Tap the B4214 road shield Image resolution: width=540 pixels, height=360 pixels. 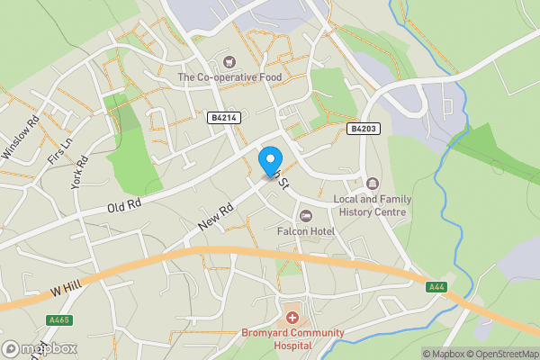(225, 118)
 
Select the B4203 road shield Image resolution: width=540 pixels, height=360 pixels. (363, 129)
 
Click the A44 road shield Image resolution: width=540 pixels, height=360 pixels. (436, 286)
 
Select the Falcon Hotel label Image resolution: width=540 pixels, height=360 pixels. (306, 231)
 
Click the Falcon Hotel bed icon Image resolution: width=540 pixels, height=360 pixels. (306, 216)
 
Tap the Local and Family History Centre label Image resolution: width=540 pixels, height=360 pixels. (371, 205)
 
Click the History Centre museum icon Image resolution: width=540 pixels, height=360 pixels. (373, 184)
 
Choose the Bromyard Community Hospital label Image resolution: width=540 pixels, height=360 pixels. (292, 338)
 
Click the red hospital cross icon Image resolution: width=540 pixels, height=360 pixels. (292, 318)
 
